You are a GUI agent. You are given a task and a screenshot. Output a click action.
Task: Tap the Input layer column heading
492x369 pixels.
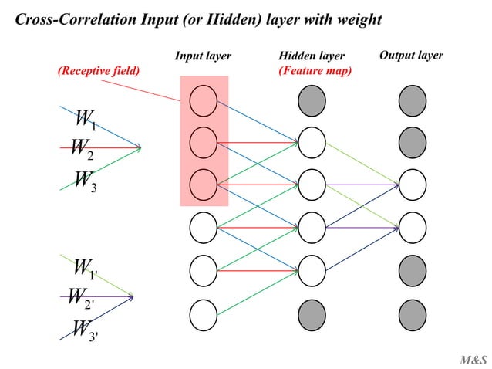click(203, 56)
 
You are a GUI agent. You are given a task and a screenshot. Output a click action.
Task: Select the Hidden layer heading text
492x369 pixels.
click(311, 56)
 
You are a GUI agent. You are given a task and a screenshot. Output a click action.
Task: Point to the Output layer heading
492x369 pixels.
click(411, 56)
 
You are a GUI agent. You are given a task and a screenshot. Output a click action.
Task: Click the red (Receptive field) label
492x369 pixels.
click(99, 71)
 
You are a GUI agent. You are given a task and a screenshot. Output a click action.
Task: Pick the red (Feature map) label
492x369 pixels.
click(315, 71)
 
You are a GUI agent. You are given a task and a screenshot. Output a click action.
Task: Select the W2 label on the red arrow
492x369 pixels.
click(81, 148)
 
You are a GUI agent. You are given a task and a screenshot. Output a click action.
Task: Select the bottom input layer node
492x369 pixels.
click(204, 313)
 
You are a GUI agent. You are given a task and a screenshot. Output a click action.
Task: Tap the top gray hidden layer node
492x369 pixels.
click(312, 100)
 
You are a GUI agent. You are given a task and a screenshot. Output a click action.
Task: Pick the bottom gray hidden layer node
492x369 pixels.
click(312, 313)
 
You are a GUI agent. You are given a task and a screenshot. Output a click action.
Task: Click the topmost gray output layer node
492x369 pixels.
click(413, 100)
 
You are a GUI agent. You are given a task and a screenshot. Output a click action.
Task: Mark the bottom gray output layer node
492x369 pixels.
click(413, 313)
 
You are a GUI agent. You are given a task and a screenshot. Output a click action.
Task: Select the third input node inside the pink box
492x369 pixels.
click(204, 184)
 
